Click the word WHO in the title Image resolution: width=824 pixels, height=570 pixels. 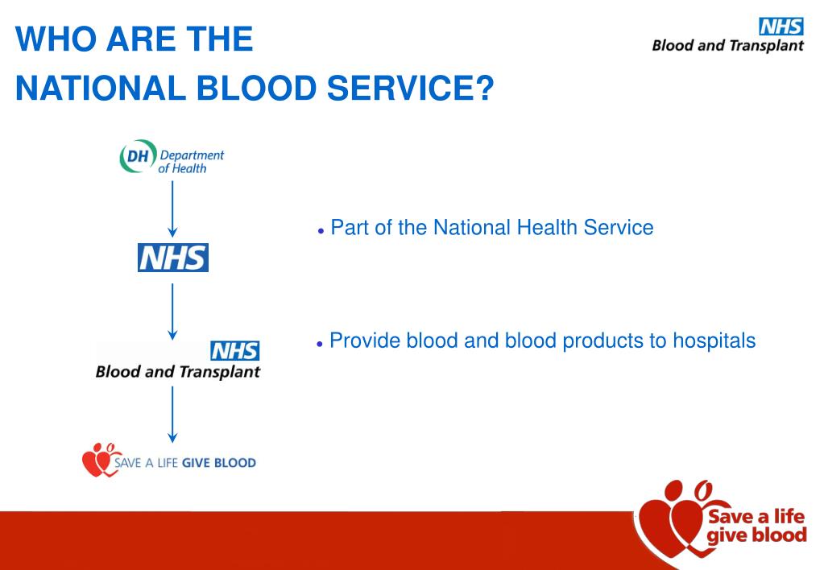click(x=50, y=39)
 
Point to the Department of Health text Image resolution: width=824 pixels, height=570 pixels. click(x=192, y=161)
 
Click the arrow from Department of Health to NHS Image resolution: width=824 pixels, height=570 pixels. click(x=172, y=209)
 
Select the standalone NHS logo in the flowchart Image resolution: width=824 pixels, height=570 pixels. click(x=172, y=258)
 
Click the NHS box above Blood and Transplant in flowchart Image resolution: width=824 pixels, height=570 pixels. click(x=234, y=351)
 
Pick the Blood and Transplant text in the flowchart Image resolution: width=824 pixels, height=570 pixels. click(x=177, y=372)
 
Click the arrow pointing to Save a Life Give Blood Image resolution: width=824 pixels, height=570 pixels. click(x=172, y=414)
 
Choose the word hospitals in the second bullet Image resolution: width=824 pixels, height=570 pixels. click(x=714, y=341)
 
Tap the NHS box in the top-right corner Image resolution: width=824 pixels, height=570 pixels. click(x=781, y=26)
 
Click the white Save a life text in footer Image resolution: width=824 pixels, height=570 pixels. click(x=756, y=516)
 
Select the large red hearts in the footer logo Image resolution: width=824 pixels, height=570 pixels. click(x=670, y=523)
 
